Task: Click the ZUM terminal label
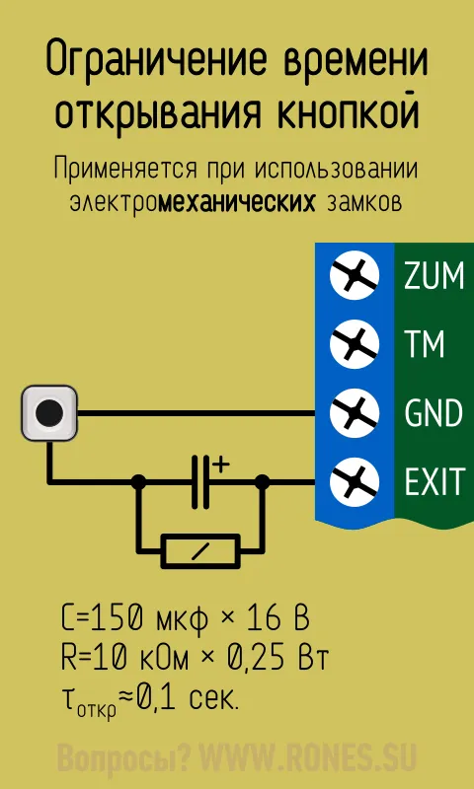[x=434, y=276]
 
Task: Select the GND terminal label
[x=434, y=413]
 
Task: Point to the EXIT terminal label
[x=434, y=481]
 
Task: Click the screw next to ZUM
[x=355, y=275]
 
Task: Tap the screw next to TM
[x=355, y=344]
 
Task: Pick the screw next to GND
[x=355, y=413]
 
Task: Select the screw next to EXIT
[x=355, y=481]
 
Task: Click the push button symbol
[x=49, y=413]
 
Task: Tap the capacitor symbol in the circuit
[x=200, y=481]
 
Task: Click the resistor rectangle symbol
[x=200, y=551]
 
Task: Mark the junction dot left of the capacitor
[x=138, y=482]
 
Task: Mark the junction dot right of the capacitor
[x=262, y=482]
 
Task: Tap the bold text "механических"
[x=237, y=203]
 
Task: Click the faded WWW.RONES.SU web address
[x=308, y=757]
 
